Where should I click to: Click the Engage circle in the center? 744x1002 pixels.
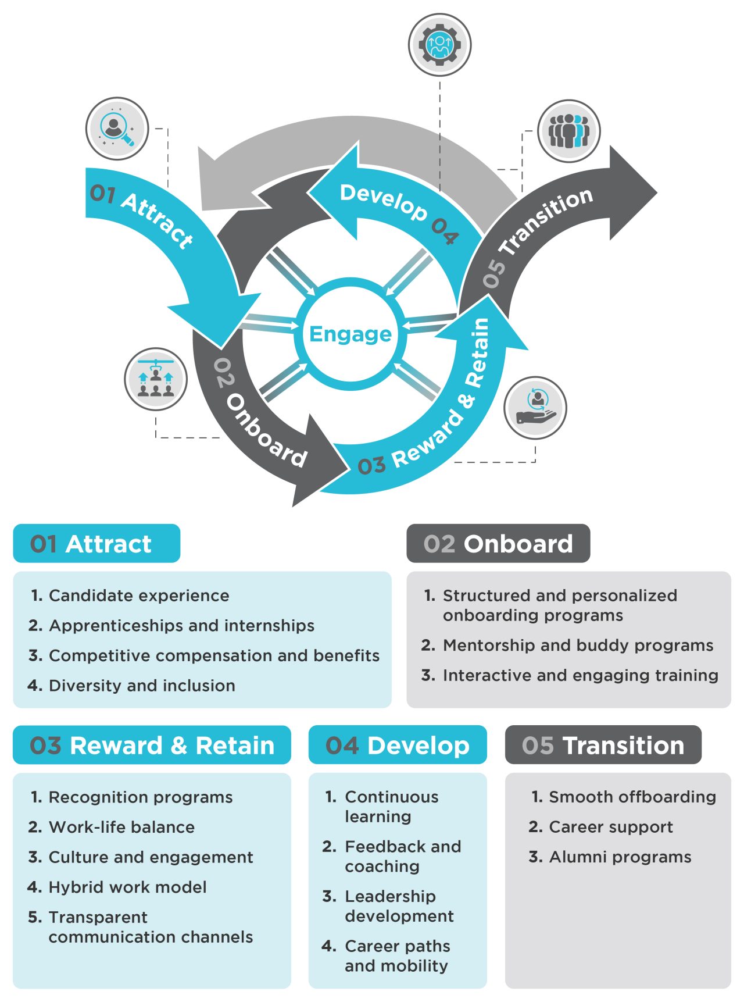pyautogui.click(x=350, y=334)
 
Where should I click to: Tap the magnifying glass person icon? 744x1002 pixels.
pyautogui.click(x=117, y=129)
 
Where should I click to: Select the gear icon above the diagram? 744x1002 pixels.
pyautogui.click(x=439, y=45)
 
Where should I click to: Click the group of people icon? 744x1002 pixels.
pyautogui.click(x=568, y=131)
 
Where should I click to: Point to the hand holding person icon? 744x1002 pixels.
pyautogui.click(x=535, y=407)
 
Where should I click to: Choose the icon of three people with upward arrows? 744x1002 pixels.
pyautogui.click(x=156, y=380)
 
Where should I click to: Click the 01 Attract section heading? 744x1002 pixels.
pyautogui.click(x=96, y=544)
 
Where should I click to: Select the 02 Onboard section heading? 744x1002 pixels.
pyautogui.click(x=498, y=544)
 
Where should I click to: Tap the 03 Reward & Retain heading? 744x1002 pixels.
pyautogui.click(x=152, y=745)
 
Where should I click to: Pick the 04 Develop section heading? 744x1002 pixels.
pyautogui.click(x=398, y=745)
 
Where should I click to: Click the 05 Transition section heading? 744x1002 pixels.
pyautogui.click(x=603, y=745)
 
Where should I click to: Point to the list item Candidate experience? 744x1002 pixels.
pyautogui.click(x=139, y=596)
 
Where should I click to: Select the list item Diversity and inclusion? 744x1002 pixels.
pyautogui.click(x=142, y=686)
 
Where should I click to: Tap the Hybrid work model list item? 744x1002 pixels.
pyautogui.click(x=127, y=887)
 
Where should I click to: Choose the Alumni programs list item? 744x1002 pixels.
pyautogui.click(x=620, y=857)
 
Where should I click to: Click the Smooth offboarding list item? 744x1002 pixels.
pyautogui.click(x=632, y=797)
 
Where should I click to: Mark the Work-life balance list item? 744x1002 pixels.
pyautogui.click(x=121, y=828)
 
